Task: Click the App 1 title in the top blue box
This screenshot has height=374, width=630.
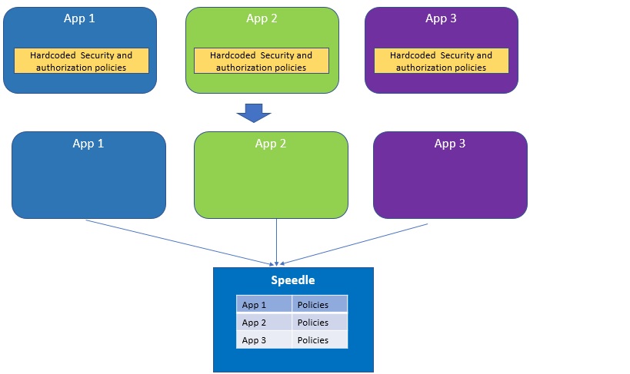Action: tap(79, 18)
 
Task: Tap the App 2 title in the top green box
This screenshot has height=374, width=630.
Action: tap(262, 18)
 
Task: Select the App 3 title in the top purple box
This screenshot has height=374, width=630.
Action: tap(441, 18)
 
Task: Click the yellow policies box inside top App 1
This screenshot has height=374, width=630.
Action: tap(81, 61)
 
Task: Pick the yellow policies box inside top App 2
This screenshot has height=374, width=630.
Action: tap(261, 61)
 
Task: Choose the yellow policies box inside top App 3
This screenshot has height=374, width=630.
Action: tap(441, 61)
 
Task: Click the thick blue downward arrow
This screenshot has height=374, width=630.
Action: tap(254, 113)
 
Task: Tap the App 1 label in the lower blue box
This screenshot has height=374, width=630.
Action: tap(88, 144)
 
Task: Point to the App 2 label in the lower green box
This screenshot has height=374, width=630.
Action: tap(271, 144)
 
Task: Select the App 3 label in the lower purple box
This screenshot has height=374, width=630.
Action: tap(450, 144)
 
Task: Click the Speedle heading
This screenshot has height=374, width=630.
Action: tap(292, 280)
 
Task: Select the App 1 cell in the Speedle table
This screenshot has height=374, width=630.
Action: tap(264, 305)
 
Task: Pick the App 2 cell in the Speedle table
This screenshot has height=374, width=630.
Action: tap(264, 323)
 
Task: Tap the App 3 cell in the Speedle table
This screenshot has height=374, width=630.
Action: tap(264, 340)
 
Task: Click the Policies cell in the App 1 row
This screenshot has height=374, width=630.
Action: tap(319, 305)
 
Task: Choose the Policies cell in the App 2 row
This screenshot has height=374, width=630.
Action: tap(319, 323)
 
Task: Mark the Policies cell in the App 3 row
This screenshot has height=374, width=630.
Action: tap(319, 340)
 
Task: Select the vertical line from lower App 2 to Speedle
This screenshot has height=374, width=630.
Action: tap(276, 241)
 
